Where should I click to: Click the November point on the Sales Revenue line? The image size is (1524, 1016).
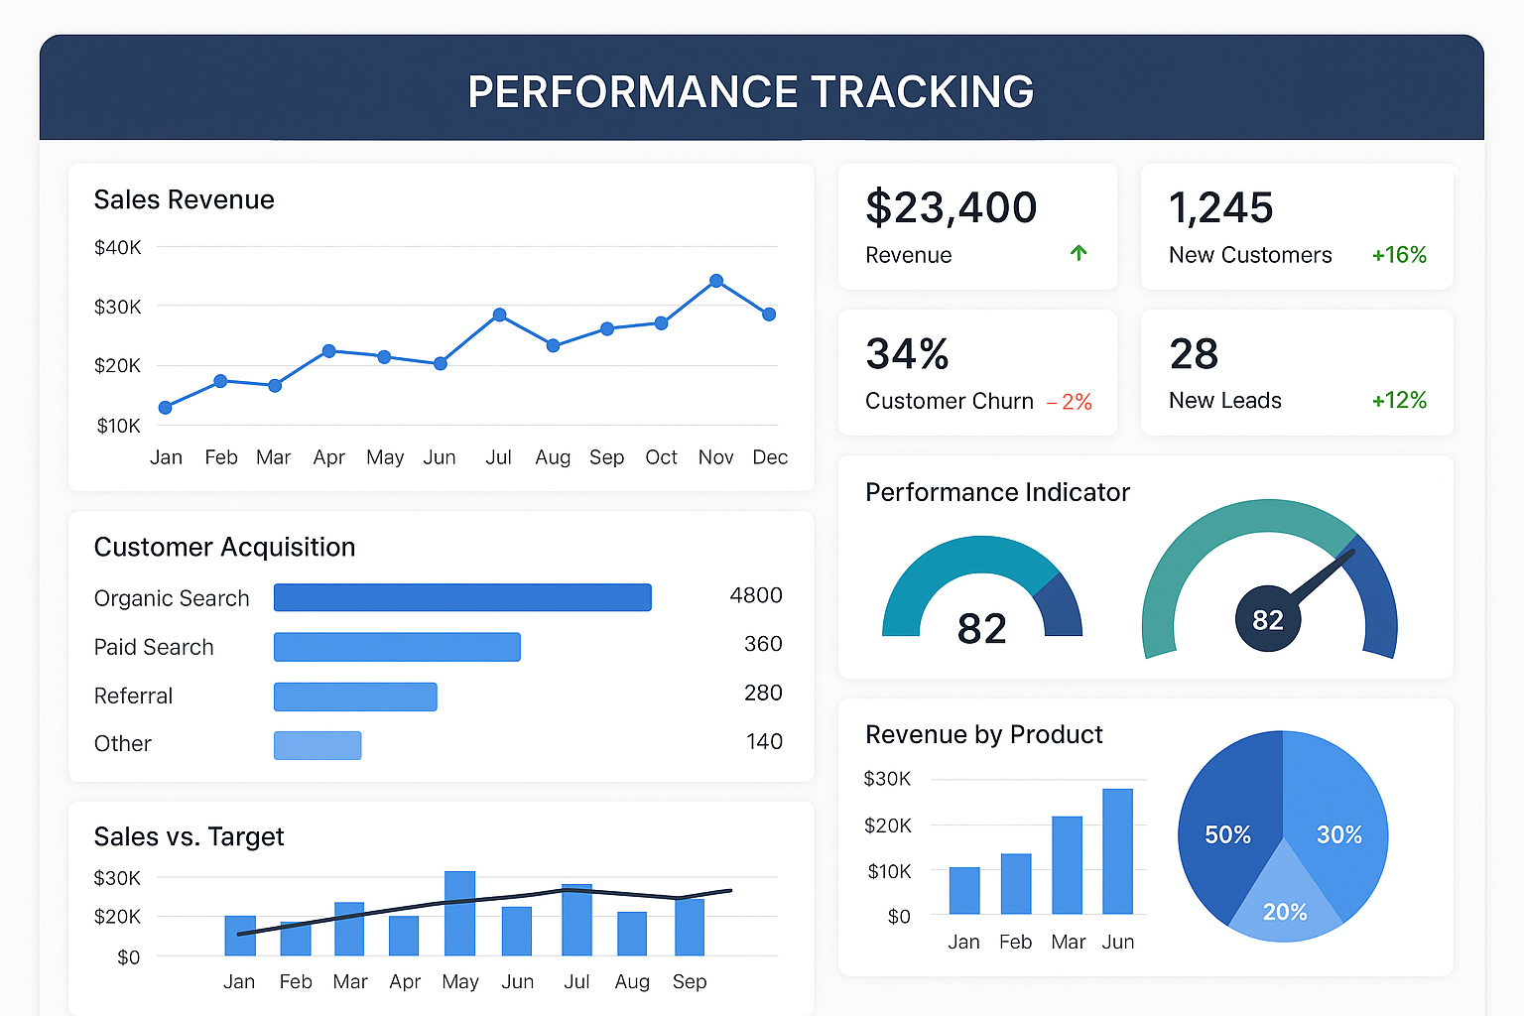[x=716, y=281]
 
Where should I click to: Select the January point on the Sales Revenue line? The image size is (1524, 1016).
[x=166, y=408]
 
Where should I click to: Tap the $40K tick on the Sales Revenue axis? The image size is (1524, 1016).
[x=117, y=247]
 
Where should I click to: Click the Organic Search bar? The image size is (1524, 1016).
[x=462, y=597]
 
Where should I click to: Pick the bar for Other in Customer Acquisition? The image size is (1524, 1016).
[x=317, y=745]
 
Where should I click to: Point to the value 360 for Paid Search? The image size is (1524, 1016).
[x=763, y=644]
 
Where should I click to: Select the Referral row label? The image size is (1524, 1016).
[x=133, y=696]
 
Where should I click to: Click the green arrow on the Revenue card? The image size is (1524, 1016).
[x=1079, y=253]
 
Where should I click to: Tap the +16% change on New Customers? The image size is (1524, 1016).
[x=1399, y=255]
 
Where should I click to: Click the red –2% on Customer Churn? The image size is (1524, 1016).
[x=1070, y=402]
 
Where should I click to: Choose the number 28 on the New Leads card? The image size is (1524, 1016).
[x=1194, y=354]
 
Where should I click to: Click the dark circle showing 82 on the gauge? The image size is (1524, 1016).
[x=1267, y=620]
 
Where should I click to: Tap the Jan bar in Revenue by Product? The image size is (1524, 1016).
[x=964, y=890]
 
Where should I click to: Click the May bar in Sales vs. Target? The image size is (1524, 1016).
[x=459, y=913]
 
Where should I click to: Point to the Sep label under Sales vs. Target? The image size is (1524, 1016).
[x=690, y=981]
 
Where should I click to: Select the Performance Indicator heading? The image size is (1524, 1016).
[x=997, y=492]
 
